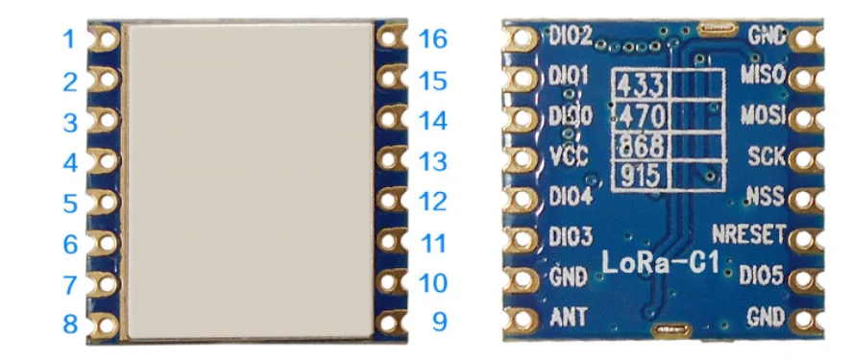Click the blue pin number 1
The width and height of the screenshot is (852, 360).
click(69, 39)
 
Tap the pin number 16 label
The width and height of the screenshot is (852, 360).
click(434, 39)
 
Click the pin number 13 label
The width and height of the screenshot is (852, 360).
click(434, 161)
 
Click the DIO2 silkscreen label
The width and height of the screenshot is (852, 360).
click(570, 36)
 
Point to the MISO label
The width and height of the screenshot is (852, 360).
click(764, 74)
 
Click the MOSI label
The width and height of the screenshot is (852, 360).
click(764, 115)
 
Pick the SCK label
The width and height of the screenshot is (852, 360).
click(767, 156)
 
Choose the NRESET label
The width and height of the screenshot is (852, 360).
click(750, 235)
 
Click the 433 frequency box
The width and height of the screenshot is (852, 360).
click(641, 85)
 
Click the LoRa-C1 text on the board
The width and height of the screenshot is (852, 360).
click(660, 261)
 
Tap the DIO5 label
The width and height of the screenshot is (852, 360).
click(763, 276)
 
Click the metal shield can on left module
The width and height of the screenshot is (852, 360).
click(250, 180)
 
